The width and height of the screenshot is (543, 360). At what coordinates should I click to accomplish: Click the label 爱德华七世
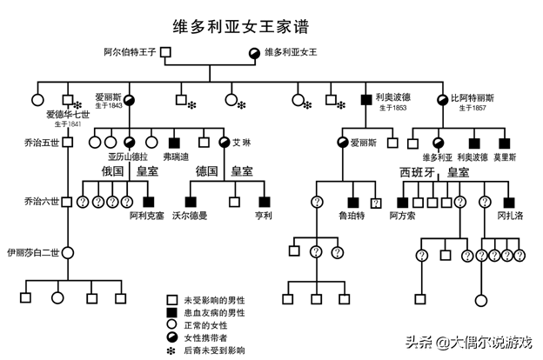67,114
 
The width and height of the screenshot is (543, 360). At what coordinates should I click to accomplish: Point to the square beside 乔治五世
68,142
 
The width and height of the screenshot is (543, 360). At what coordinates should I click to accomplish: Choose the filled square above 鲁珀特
353,202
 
